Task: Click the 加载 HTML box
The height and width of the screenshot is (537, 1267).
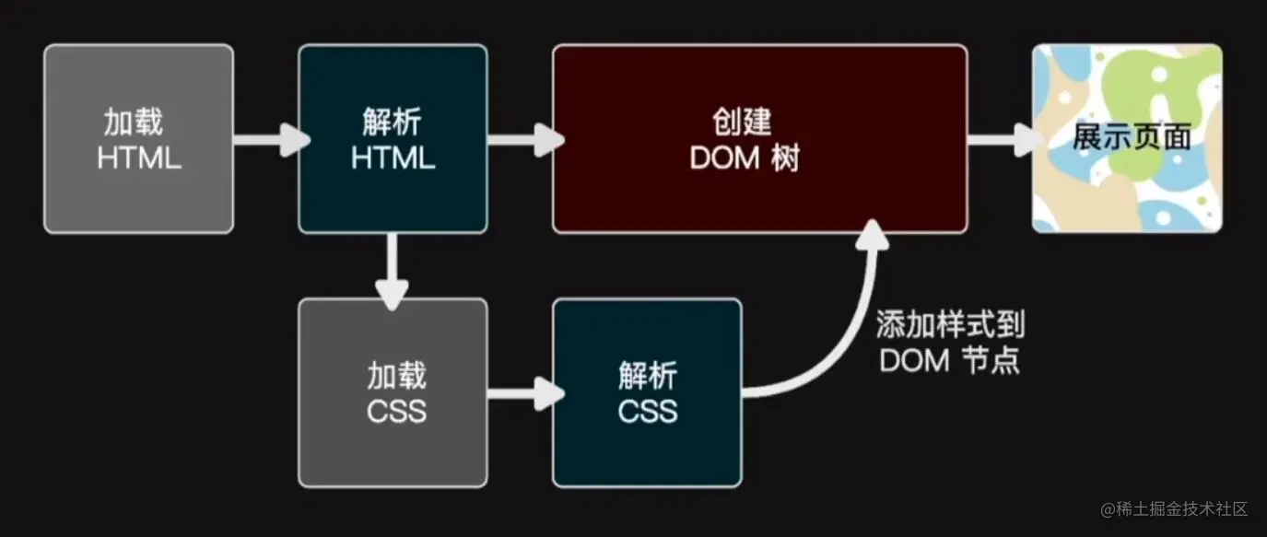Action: pos(138,138)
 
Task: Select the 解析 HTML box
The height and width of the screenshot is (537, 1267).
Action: pos(393,138)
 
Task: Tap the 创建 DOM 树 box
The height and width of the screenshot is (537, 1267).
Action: pos(759,138)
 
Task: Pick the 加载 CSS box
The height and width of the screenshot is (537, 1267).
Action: pos(393,392)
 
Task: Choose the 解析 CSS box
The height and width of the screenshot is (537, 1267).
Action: pos(647,392)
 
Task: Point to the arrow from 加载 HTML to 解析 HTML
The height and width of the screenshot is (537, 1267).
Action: pos(267,141)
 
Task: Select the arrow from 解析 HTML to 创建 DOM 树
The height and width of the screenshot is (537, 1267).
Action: pos(522,141)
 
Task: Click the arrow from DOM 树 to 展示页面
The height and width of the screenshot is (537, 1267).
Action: pos(1001,141)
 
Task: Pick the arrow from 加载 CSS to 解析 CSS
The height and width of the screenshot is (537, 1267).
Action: pos(522,394)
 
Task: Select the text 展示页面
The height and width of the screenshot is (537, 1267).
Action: pos(1132,138)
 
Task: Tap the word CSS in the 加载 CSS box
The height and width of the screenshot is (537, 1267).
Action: pos(396,410)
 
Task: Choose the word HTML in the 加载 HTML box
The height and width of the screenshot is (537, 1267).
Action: pos(139,158)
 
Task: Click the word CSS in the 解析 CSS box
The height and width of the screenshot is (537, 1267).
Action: pos(648,410)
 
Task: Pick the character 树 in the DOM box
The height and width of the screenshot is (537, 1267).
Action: pos(787,159)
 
